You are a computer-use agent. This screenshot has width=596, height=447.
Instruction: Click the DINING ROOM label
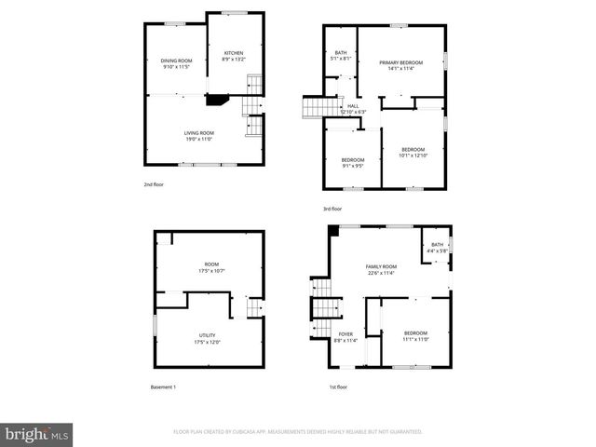(x=177, y=61)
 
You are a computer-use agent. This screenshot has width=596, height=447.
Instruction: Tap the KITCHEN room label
(x=233, y=52)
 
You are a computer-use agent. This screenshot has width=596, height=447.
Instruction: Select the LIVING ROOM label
(x=199, y=132)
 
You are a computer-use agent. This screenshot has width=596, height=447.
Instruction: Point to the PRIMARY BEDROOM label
(x=401, y=61)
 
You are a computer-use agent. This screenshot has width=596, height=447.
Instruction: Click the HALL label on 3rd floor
(x=353, y=105)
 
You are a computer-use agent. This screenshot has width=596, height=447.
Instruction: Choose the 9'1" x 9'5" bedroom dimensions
(x=352, y=166)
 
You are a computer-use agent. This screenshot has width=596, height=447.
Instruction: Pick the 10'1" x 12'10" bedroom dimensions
(x=413, y=156)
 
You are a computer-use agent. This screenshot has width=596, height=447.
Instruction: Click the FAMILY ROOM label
(x=381, y=266)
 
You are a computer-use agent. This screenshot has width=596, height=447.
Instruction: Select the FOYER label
(x=345, y=333)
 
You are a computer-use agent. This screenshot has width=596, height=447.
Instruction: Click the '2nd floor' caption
(x=154, y=184)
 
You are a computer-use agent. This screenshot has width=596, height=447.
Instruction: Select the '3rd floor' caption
(x=332, y=208)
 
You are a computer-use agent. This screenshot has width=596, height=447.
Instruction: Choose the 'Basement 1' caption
(x=163, y=386)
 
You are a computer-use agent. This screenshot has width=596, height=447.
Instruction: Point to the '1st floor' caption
(x=338, y=386)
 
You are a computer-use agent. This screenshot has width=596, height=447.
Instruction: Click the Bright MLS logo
(x=37, y=433)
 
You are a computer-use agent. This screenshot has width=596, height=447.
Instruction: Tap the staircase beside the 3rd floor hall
(x=311, y=109)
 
